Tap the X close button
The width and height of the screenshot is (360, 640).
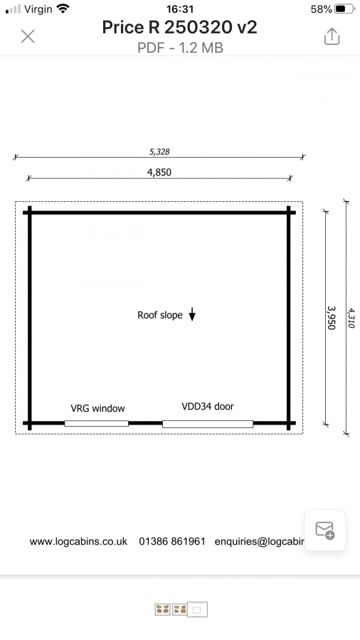pos(28,36)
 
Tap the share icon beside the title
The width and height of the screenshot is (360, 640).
pos(332,36)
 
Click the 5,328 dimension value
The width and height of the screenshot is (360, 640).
pos(159,152)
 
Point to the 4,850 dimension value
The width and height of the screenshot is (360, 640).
pos(159,172)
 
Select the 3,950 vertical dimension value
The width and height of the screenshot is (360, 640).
pos(331,318)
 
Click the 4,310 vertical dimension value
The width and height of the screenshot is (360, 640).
pos(351,319)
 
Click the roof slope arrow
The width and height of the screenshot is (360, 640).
pos(192,314)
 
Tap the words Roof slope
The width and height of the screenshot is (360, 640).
pos(159,315)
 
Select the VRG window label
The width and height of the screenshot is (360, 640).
pos(97,408)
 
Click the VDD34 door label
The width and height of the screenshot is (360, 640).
pos(208,406)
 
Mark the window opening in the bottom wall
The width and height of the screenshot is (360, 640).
pos(96,423)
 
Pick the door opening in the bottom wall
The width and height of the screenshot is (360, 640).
pos(208,424)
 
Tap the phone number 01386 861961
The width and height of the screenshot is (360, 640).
pos(172,541)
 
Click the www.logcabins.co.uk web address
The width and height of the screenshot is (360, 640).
pos(78,542)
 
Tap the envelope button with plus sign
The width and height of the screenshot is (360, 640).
pos(325,530)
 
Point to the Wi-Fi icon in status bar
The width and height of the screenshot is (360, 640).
pos(63,9)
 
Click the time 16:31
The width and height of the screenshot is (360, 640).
pos(179,9)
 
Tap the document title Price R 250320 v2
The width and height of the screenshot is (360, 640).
pos(179,27)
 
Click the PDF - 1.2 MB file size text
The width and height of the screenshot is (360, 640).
pos(180,48)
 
